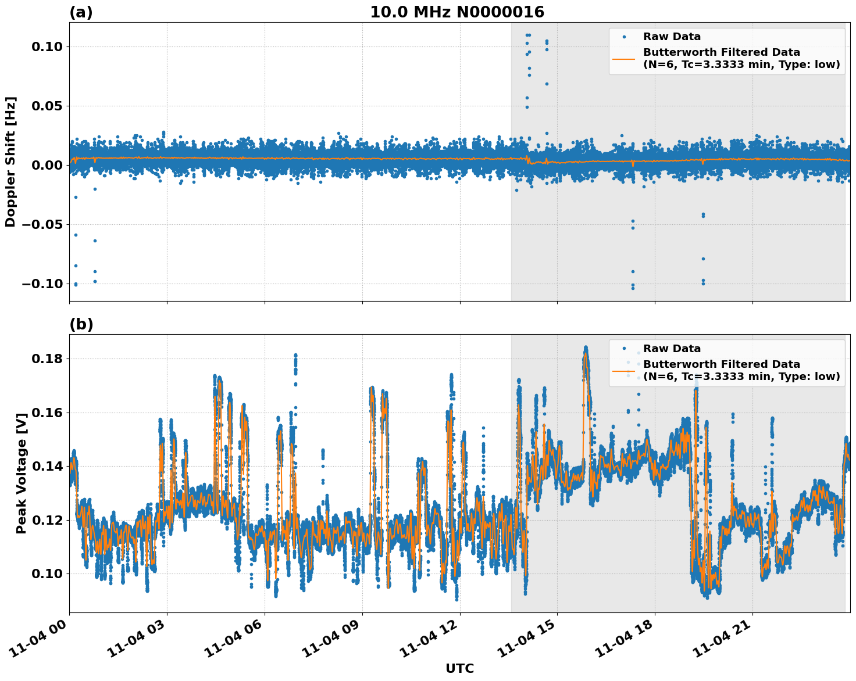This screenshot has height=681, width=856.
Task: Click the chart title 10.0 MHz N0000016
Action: click(x=457, y=12)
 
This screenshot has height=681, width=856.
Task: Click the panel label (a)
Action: click(x=81, y=12)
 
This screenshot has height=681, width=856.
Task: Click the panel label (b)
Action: click(x=81, y=324)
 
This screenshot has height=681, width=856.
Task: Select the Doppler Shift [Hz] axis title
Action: click(x=10, y=162)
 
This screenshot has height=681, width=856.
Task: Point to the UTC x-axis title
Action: click(x=459, y=669)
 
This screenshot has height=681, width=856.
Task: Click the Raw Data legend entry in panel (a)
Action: click(x=672, y=37)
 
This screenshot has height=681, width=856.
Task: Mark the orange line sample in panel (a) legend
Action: click(x=624, y=58)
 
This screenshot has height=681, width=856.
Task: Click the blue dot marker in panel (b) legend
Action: click(x=624, y=349)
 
